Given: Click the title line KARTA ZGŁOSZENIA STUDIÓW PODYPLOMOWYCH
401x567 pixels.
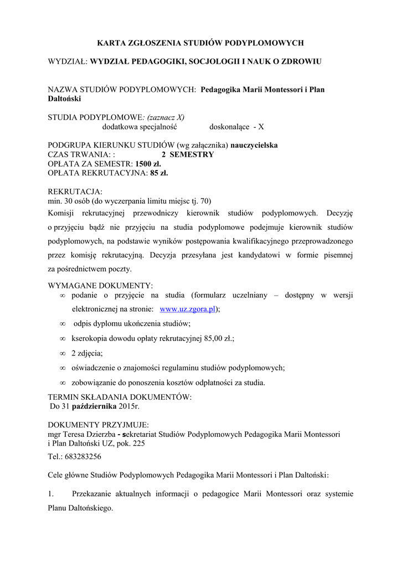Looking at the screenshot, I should point(200,42).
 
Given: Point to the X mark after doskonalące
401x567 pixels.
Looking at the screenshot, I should point(261,127).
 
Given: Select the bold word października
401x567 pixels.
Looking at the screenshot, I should point(93,407).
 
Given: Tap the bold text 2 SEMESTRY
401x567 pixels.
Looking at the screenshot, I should point(187,154).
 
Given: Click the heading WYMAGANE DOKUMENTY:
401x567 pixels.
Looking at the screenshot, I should point(101,285).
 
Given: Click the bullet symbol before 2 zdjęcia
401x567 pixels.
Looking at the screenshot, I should point(63,353).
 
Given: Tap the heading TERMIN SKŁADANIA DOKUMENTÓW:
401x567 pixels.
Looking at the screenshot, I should point(120,398).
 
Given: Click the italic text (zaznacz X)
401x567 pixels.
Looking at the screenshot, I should point(164,117).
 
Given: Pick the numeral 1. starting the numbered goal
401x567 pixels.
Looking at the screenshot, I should point(52,494).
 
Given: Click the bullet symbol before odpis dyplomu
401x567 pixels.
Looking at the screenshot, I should point(63,324).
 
